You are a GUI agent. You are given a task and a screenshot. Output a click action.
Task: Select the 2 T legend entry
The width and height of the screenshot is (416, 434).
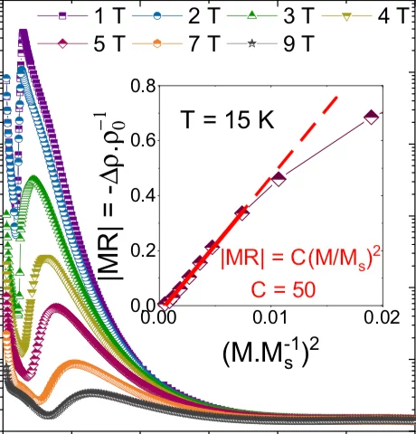pos(171,16)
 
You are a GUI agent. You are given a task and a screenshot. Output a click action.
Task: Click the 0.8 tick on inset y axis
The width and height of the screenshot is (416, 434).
pos(142,87)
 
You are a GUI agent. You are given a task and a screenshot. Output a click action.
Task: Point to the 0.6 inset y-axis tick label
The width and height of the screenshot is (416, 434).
pos(142,141)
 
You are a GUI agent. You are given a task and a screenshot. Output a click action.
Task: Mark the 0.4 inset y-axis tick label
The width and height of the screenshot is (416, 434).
pos(142,196)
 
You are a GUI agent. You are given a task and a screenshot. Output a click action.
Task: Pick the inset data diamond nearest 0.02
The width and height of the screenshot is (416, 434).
pos(369,117)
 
